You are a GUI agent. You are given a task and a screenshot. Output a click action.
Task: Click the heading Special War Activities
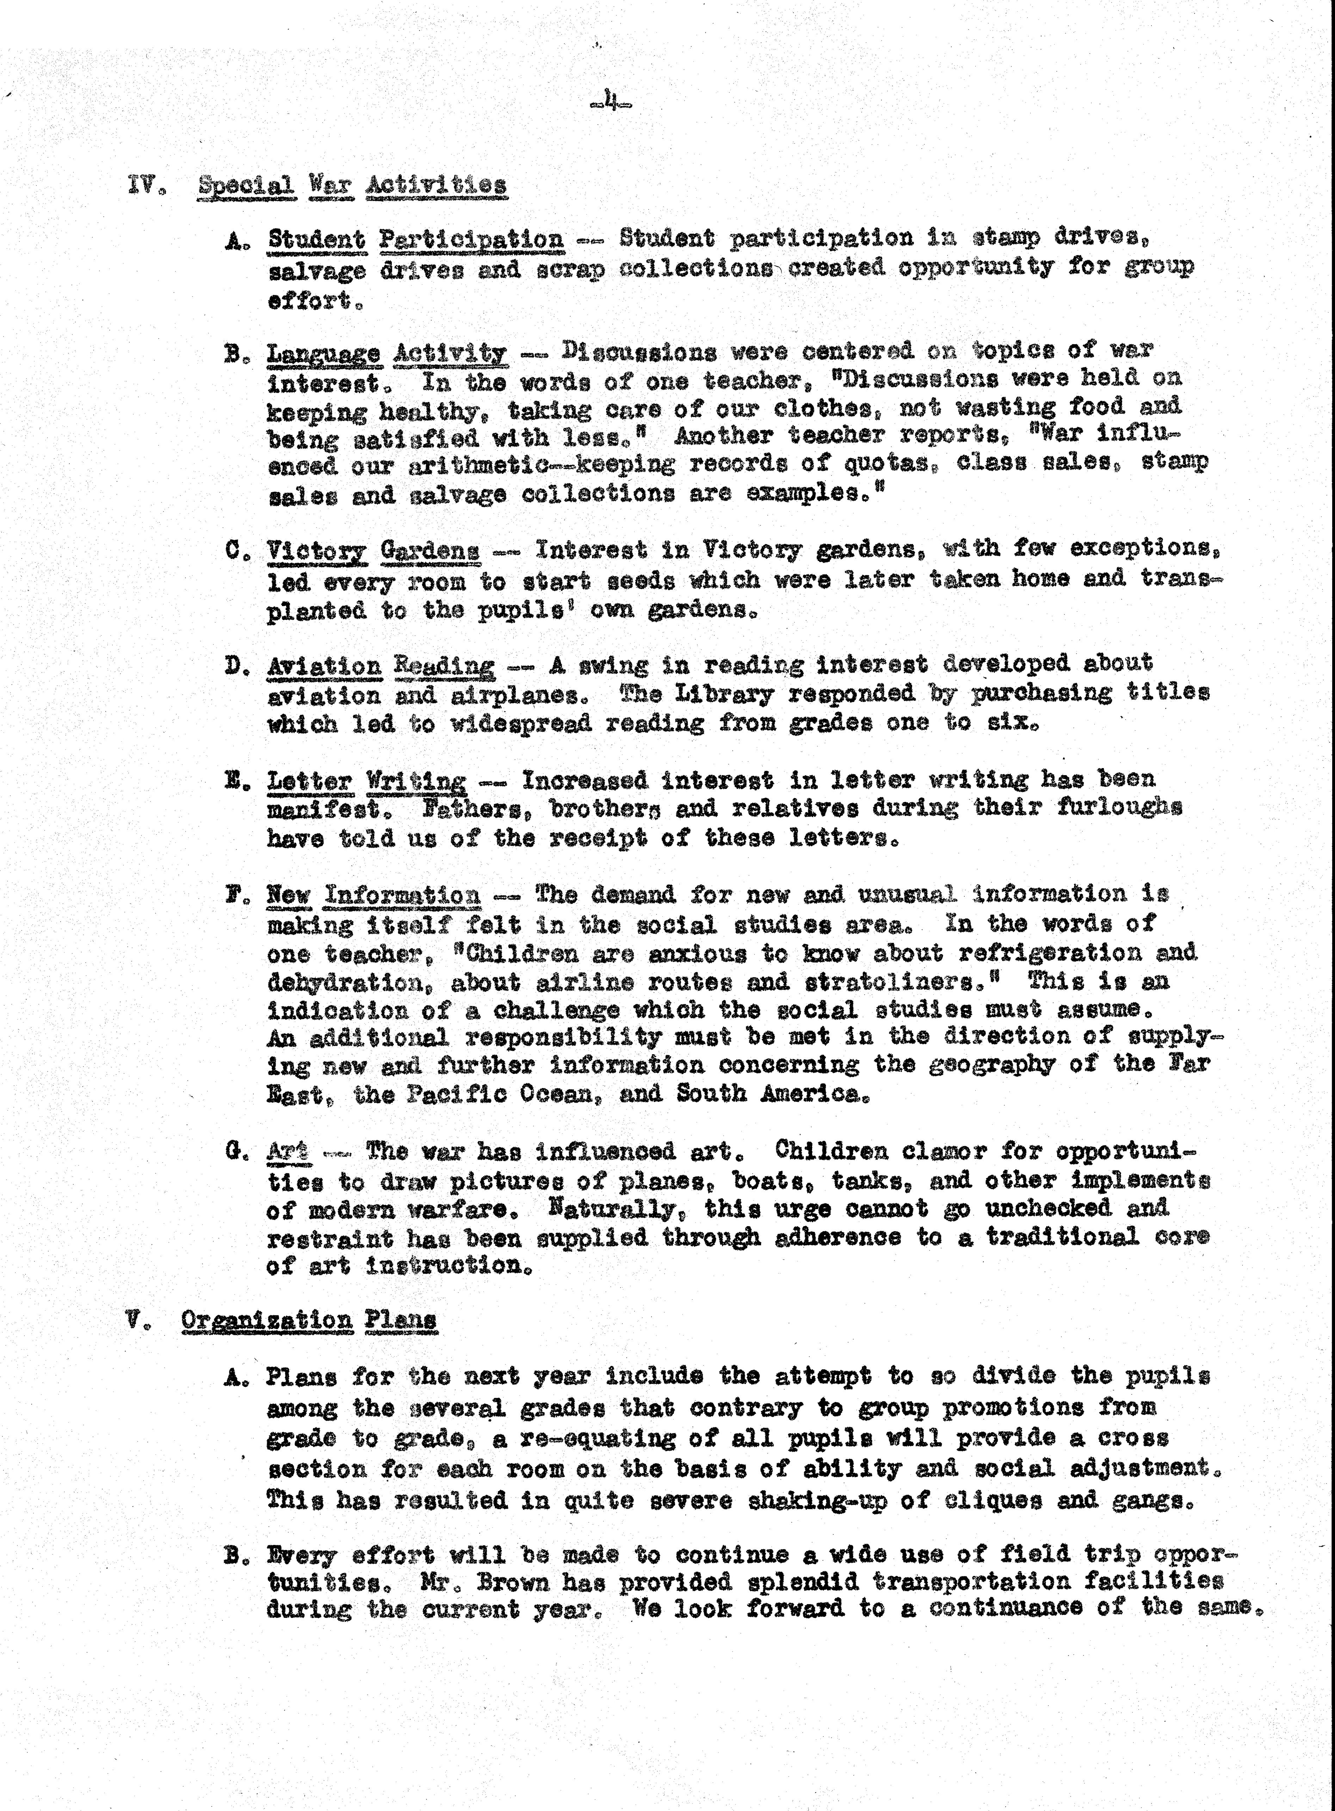[352, 185]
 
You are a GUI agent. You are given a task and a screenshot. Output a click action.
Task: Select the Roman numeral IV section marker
[141, 185]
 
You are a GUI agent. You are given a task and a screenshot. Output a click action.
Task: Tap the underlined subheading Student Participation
[416, 239]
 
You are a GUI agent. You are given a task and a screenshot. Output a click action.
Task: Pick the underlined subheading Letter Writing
[366, 781]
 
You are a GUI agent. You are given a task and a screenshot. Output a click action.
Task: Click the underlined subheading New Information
[373, 895]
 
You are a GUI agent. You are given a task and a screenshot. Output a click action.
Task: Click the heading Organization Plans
[309, 1321]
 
